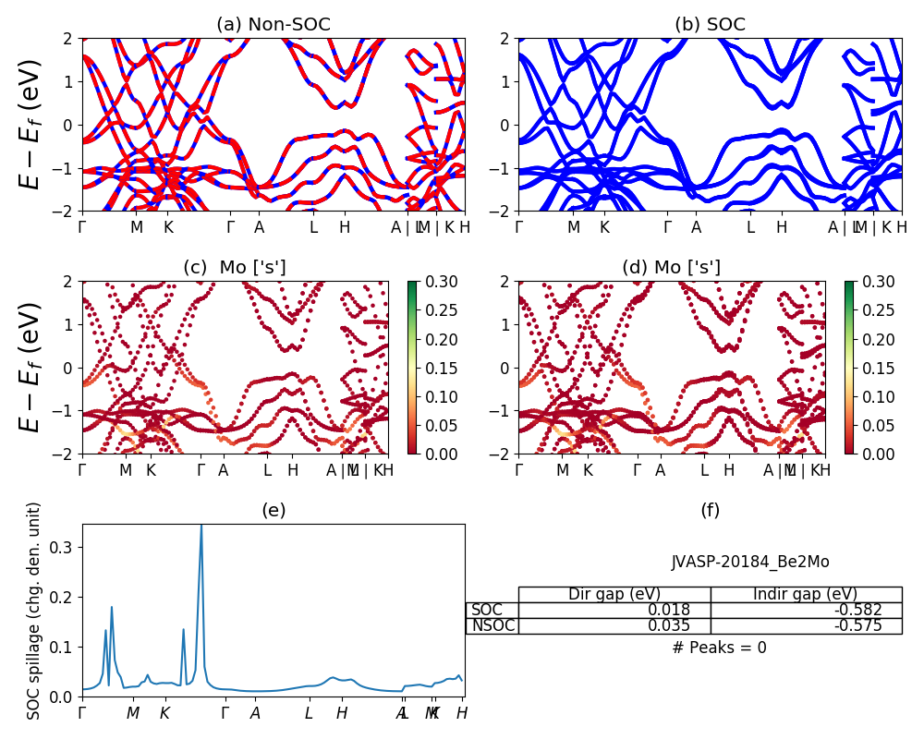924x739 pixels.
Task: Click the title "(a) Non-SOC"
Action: (x=273, y=25)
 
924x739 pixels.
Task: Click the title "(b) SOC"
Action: (x=710, y=25)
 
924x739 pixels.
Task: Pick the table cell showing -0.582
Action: (x=806, y=610)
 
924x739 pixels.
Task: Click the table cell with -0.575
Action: (x=806, y=625)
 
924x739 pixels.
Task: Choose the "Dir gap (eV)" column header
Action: (x=614, y=594)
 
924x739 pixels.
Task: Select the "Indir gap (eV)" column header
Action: (x=806, y=594)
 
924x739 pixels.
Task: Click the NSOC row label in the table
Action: (x=492, y=625)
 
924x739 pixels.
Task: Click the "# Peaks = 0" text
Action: (x=719, y=648)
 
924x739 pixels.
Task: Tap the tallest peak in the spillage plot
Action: (x=201, y=527)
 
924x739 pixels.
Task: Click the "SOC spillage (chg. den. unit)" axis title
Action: (x=34, y=611)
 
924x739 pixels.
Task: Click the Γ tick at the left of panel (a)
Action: (x=82, y=227)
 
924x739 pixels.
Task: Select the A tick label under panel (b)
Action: (x=696, y=227)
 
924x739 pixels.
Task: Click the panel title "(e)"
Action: (x=273, y=510)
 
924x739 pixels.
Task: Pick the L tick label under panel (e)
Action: (x=310, y=713)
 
